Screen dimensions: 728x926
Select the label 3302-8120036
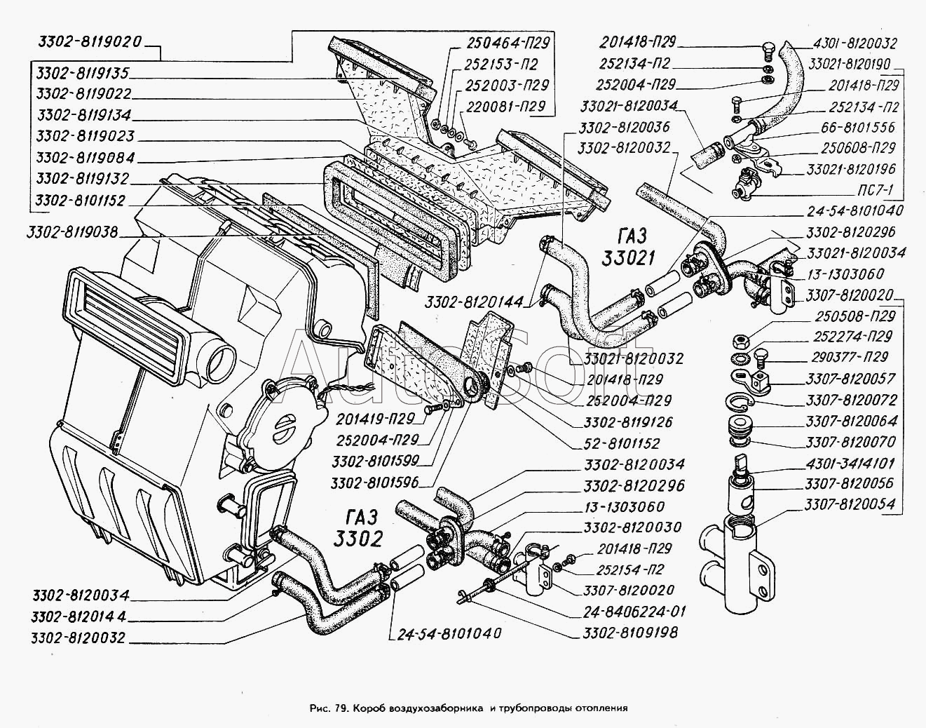[625, 128]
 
